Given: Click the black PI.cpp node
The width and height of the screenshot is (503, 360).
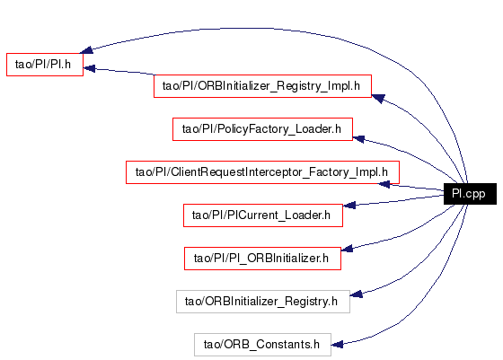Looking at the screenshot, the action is click(470, 194).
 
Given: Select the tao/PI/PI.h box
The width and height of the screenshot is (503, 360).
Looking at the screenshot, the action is click(45, 65).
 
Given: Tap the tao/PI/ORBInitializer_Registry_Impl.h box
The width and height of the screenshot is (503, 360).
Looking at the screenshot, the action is click(262, 86).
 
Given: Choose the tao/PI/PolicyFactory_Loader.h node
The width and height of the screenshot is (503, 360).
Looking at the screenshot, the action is click(262, 129).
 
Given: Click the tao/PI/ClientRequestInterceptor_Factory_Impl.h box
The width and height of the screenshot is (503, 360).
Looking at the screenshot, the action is click(262, 172).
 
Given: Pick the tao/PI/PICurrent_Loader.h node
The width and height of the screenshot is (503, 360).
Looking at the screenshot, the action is click(263, 215).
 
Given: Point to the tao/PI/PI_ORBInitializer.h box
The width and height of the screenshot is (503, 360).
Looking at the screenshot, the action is click(262, 259).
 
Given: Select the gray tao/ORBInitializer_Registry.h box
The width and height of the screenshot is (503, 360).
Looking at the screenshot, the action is click(263, 302).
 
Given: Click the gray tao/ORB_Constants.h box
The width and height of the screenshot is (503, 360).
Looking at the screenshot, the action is click(262, 345).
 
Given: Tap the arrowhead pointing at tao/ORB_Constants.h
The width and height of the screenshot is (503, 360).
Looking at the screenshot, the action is click(337, 345).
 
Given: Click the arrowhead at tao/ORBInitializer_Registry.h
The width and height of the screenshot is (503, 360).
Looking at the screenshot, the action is click(356, 294).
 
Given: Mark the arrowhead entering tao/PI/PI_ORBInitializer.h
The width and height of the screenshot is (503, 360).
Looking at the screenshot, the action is click(347, 249).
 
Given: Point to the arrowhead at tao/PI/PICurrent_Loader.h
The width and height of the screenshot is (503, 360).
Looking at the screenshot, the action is click(349, 206).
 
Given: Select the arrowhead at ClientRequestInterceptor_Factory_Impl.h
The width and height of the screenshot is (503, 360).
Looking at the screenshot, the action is click(384, 184).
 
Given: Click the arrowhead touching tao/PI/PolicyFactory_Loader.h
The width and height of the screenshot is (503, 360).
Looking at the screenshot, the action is click(358, 139).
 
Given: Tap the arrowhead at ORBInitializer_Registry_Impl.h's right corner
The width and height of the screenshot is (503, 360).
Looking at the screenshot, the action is click(378, 99).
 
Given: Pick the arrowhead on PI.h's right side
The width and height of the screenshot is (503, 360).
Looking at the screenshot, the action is click(89, 68).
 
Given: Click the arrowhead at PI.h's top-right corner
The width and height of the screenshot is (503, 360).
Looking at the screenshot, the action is click(86, 49).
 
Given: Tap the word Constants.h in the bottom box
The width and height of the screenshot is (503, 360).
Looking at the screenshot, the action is click(288, 345).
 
